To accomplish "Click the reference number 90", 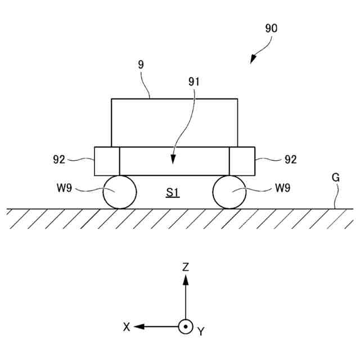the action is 270,28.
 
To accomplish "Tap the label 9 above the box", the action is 141,65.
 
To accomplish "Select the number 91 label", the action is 194,82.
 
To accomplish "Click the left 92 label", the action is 60,160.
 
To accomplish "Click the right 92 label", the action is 290,160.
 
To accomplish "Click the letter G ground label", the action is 336,178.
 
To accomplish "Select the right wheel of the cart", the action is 229,192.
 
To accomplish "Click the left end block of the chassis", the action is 107,161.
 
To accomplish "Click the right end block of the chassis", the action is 242,161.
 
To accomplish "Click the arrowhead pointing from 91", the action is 174,161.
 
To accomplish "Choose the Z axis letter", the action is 186,268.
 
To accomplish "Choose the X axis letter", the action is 127,326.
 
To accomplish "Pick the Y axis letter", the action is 201,332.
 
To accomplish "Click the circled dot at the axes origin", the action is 186,326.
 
